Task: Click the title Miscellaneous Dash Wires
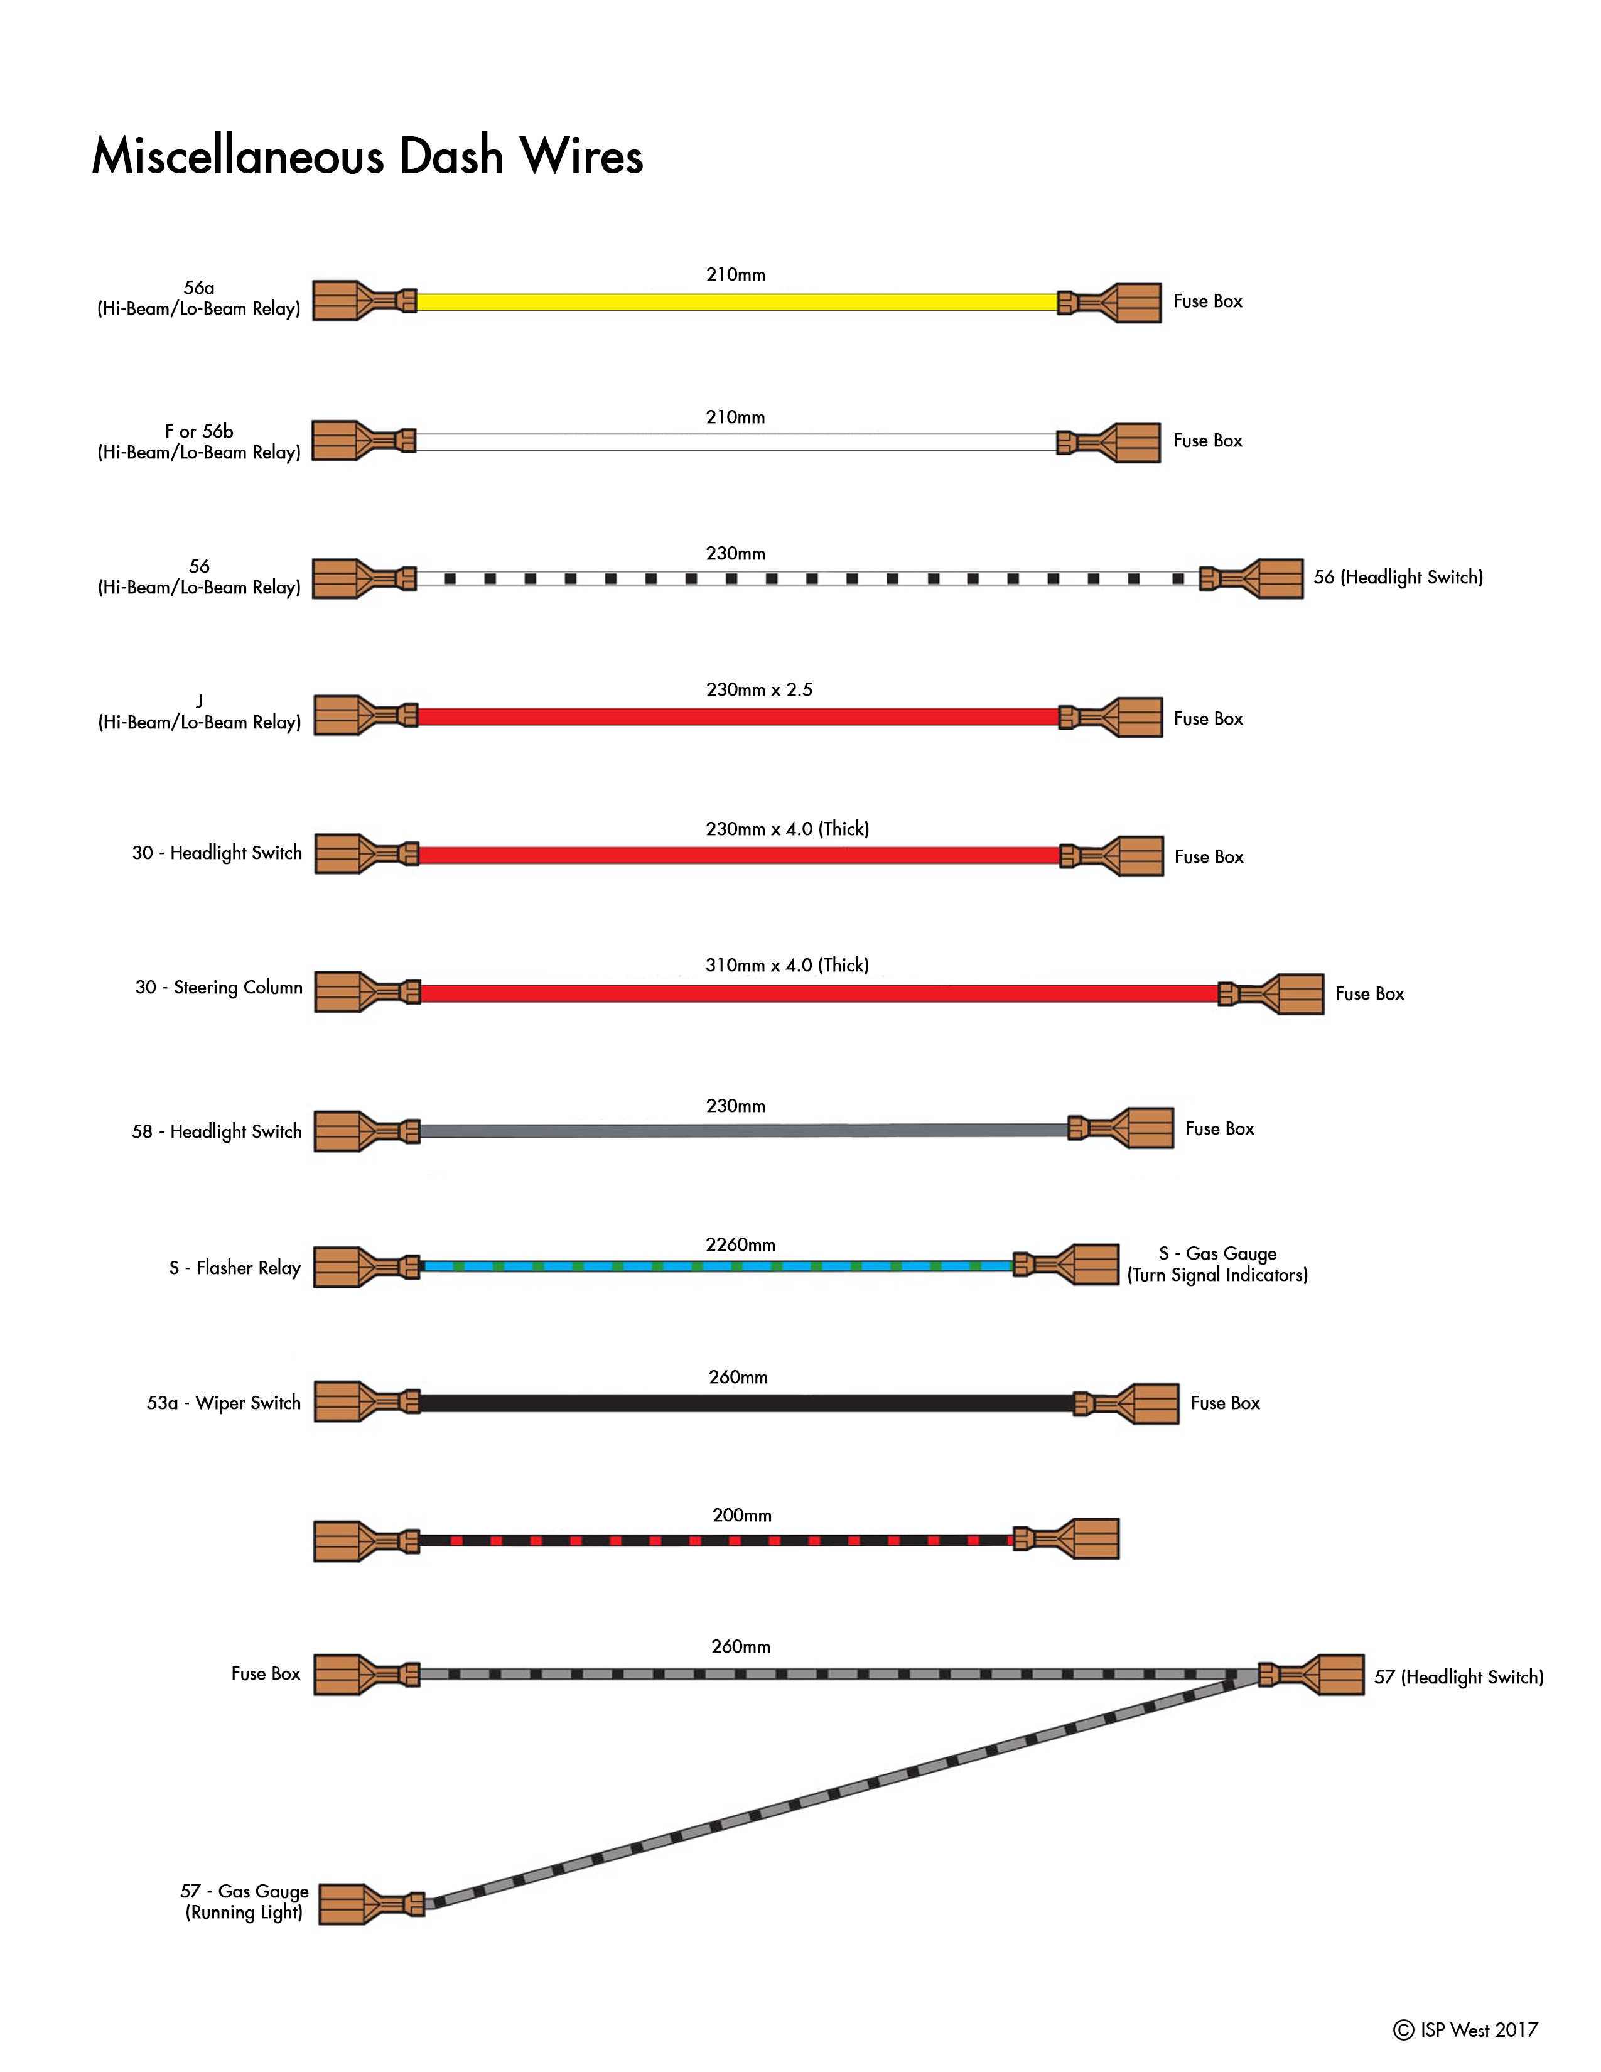(367, 156)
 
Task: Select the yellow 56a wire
(737, 301)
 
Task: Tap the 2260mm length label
(740, 1244)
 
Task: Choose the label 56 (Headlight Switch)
(1398, 577)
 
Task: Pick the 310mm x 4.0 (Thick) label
(787, 965)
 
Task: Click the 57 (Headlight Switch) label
(1458, 1676)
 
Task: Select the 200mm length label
(741, 1515)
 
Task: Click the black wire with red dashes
(717, 1540)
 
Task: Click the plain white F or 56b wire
(736, 442)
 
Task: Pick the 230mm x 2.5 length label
(759, 689)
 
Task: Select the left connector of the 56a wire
(364, 301)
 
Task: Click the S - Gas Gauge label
(1218, 1253)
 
